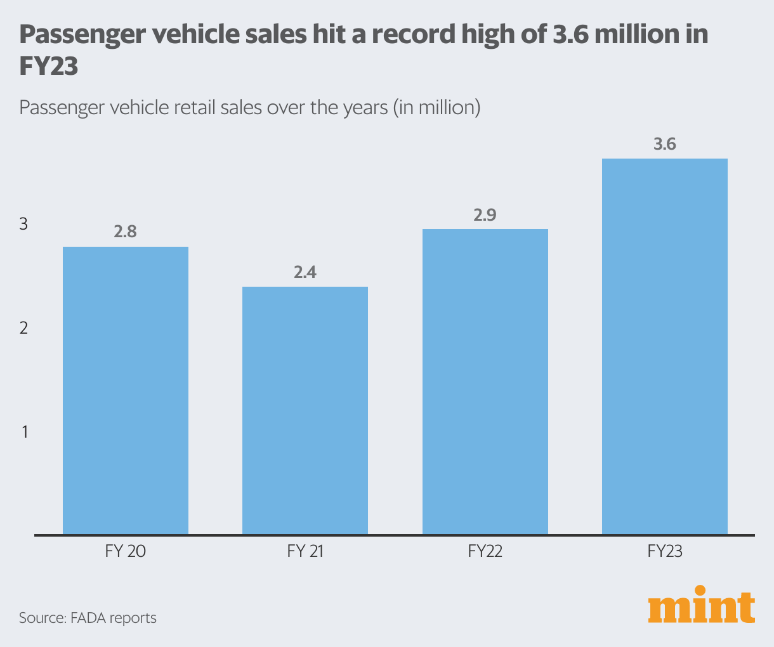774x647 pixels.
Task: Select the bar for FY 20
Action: [x=126, y=390]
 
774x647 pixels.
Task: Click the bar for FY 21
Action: [x=305, y=410]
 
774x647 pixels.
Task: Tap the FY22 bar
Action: [x=485, y=381]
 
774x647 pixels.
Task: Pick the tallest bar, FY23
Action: [x=665, y=346]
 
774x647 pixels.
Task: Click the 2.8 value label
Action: [x=126, y=232]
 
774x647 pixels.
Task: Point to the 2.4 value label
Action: [x=305, y=272]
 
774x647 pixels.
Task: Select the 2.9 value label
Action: [x=485, y=215]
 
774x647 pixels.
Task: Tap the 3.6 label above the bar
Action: [x=665, y=145]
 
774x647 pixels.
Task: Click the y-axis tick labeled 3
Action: [x=24, y=225]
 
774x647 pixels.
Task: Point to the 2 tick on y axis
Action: [x=24, y=329]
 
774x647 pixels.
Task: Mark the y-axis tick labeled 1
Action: [x=25, y=433]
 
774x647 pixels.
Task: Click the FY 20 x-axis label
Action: [x=126, y=551]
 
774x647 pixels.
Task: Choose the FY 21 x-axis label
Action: [x=305, y=551]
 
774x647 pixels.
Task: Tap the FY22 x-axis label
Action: [x=485, y=551]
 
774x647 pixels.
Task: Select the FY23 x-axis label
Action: [x=665, y=551]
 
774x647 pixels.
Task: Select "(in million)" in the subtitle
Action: [x=436, y=107]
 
